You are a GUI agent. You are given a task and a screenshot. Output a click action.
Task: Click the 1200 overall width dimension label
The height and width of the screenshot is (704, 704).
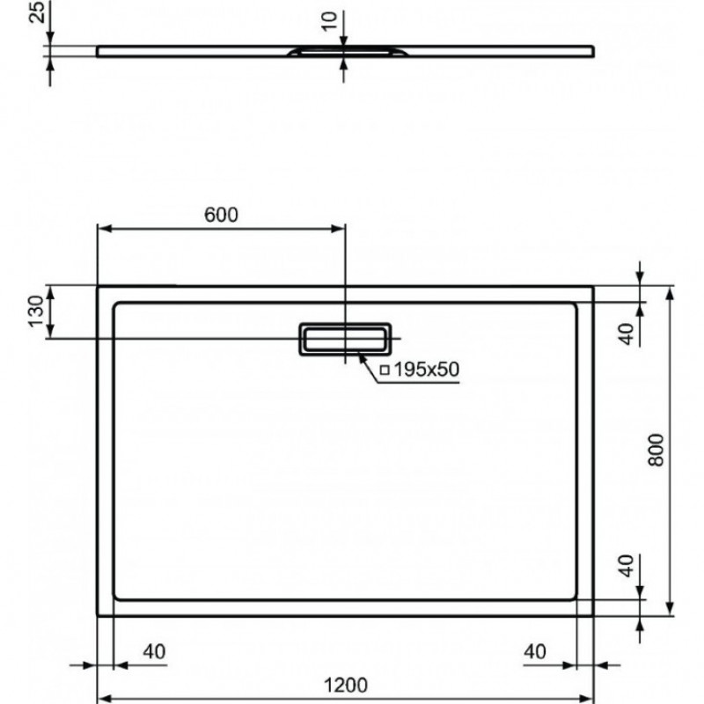[x=346, y=686]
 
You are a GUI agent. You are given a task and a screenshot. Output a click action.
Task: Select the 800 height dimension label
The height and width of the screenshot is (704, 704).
[x=656, y=450]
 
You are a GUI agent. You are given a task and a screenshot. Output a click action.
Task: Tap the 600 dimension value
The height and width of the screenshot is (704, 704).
[x=221, y=215]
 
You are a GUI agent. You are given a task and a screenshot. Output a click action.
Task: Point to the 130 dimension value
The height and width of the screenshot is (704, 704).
[x=36, y=312]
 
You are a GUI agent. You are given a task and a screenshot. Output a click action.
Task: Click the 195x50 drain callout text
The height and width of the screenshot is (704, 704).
[x=427, y=370]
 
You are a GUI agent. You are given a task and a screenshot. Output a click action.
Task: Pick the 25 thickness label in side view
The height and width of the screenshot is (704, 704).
[x=37, y=12]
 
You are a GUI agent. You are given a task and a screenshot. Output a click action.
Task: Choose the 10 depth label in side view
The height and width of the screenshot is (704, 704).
[x=329, y=21]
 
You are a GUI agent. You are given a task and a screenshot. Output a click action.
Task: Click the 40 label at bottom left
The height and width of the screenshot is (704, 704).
[x=154, y=651]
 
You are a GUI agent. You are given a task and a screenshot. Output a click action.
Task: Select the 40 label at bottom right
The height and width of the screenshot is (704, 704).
[x=535, y=651]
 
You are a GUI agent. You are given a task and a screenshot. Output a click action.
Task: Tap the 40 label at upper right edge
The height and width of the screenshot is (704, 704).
[x=627, y=334]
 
